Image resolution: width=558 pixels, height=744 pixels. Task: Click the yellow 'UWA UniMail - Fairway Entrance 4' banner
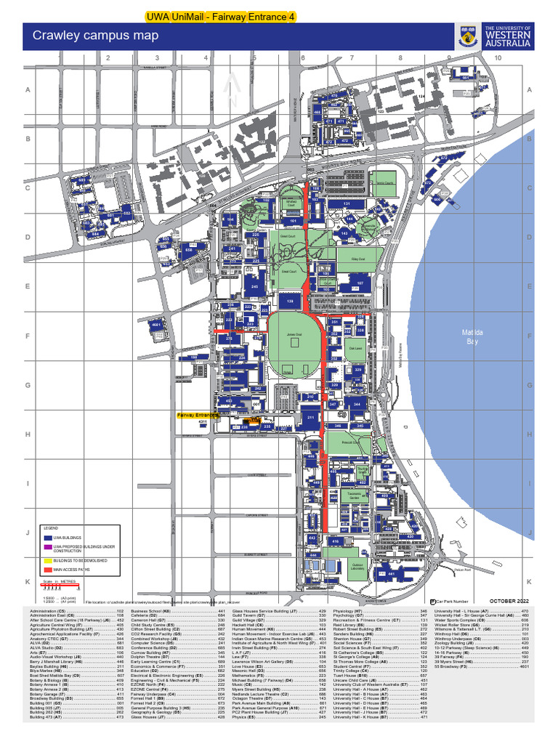(211, 16)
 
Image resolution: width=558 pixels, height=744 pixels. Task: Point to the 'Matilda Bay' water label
(472, 336)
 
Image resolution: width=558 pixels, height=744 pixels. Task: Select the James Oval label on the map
(294, 335)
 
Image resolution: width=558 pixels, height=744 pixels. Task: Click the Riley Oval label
(357, 259)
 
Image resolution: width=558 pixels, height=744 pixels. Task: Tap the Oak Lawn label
(355, 349)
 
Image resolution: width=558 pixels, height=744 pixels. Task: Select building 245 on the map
(254, 286)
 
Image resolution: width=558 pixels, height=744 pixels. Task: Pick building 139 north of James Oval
(290, 300)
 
